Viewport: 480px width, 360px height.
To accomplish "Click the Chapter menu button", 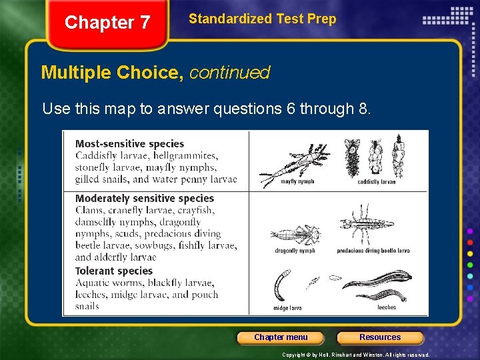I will click(x=281, y=337).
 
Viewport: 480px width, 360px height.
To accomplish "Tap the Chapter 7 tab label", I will click(x=107, y=23).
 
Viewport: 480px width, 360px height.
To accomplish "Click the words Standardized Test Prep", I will click(x=262, y=19).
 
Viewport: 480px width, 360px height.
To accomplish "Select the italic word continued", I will click(x=230, y=72).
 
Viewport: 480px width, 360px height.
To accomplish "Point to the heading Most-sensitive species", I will click(x=129, y=143).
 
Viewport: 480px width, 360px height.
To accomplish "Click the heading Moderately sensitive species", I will click(x=145, y=198).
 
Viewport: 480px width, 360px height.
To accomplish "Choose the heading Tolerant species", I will click(x=114, y=271).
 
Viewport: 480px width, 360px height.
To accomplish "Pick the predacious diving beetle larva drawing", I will click(x=363, y=227).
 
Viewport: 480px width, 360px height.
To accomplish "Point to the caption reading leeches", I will click(x=387, y=307).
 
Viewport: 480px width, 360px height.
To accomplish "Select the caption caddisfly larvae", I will click(x=377, y=181).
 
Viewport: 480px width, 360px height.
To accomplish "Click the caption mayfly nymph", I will click(x=298, y=181).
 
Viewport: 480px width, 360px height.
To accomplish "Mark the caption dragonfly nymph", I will click(x=295, y=251).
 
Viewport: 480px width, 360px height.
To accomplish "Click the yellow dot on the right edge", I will click(x=470, y=254).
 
